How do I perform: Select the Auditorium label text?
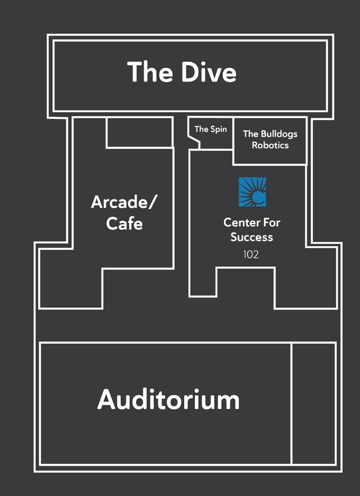(168, 400)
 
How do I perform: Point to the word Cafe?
(125, 224)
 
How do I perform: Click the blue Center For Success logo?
(252, 192)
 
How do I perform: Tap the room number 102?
(251, 254)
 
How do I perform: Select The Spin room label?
(211, 129)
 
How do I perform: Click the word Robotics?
(270, 145)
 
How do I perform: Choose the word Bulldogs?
(279, 134)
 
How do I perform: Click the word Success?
(252, 237)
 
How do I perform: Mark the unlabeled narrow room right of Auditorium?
(313, 402)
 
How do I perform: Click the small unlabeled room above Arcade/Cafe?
(139, 133)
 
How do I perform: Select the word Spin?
(218, 129)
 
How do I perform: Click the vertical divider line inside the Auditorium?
(291, 402)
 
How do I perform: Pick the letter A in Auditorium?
(107, 400)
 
